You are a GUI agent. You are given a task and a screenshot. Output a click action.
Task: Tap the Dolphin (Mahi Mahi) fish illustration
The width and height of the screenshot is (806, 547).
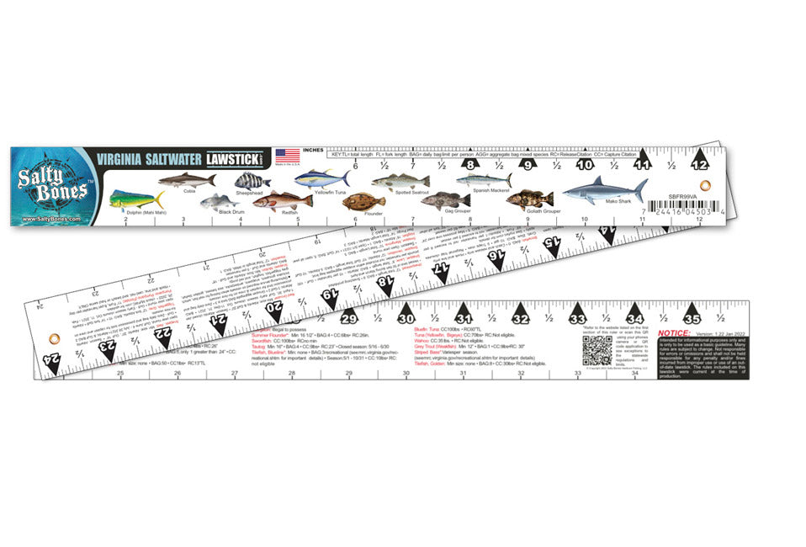135,199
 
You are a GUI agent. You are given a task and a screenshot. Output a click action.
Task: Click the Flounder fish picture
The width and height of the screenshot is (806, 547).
363,202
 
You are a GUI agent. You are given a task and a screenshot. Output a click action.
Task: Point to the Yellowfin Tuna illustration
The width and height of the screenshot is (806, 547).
321,178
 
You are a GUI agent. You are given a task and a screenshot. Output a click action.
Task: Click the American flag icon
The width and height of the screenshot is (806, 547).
287,157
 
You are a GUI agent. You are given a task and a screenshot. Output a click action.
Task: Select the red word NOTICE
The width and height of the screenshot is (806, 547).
675,333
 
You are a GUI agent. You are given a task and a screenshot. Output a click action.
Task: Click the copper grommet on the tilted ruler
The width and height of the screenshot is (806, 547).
55,338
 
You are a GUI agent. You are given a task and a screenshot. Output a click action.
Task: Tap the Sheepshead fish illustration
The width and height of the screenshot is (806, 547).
251,180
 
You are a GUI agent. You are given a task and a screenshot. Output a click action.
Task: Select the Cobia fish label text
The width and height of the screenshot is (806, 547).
189,191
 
